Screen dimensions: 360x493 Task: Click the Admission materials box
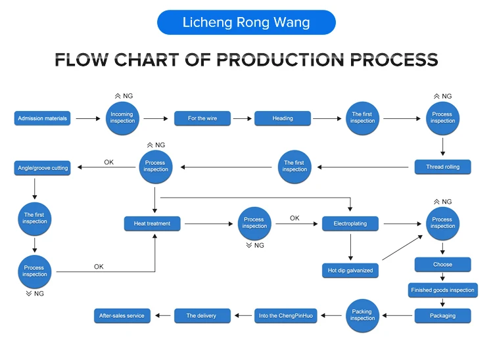tap(42, 118)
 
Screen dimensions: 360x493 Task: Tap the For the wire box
tap(202, 118)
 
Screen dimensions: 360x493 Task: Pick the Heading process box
tap(283, 118)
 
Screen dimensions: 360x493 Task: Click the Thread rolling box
tap(442, 167)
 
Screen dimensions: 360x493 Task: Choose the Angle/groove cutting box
tap(42, 168)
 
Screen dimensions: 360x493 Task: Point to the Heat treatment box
tap(152, 223)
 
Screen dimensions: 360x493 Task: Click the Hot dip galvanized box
tap(350, 270)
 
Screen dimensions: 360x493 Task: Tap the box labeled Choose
tap(442, 265)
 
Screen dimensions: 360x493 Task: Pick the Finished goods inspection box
tap(442, 290)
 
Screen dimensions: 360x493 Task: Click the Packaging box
tap(442, 315)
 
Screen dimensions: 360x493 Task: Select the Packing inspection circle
tap(362, 315)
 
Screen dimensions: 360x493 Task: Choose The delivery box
tap(200, 316)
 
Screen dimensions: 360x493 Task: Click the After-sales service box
tap(122, 316)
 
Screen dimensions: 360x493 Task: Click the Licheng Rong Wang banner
tap(246, 23)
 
